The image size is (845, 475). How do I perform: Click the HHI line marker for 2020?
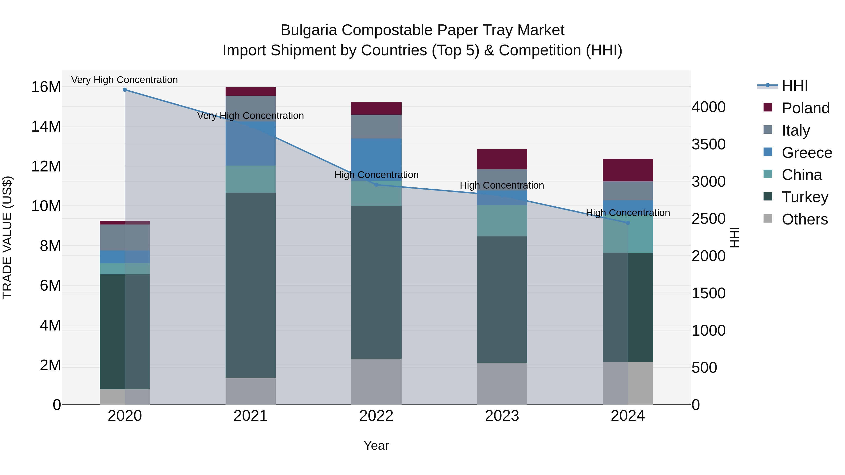(x=125, y=90)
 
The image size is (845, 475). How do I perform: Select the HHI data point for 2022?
(x=376, y=185)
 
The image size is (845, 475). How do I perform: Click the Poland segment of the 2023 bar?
(x=502, y=159)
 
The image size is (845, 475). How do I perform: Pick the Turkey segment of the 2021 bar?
(x=251, y=285)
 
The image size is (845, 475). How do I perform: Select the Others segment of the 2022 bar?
(x=376, y=382)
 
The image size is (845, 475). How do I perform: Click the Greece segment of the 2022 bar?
(x=376, y=160)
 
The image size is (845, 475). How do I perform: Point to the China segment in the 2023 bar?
(x=502, y=221)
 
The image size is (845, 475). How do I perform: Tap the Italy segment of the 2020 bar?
(x=125, y=238)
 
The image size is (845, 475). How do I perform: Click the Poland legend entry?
(x=805, y=108)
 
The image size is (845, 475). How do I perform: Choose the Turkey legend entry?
(x=805, y=197)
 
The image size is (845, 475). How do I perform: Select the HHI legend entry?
(x=795, y=86)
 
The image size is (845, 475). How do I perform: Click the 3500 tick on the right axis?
(x=709, y=144)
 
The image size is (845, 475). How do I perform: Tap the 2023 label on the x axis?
(x=502, y=416)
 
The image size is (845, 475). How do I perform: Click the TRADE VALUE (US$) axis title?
(x=7, y=237)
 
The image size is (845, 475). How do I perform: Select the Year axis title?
(x=376, y=445)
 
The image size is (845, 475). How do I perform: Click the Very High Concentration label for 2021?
(x=251, y=116)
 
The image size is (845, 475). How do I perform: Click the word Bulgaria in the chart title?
(x=308, y=30)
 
